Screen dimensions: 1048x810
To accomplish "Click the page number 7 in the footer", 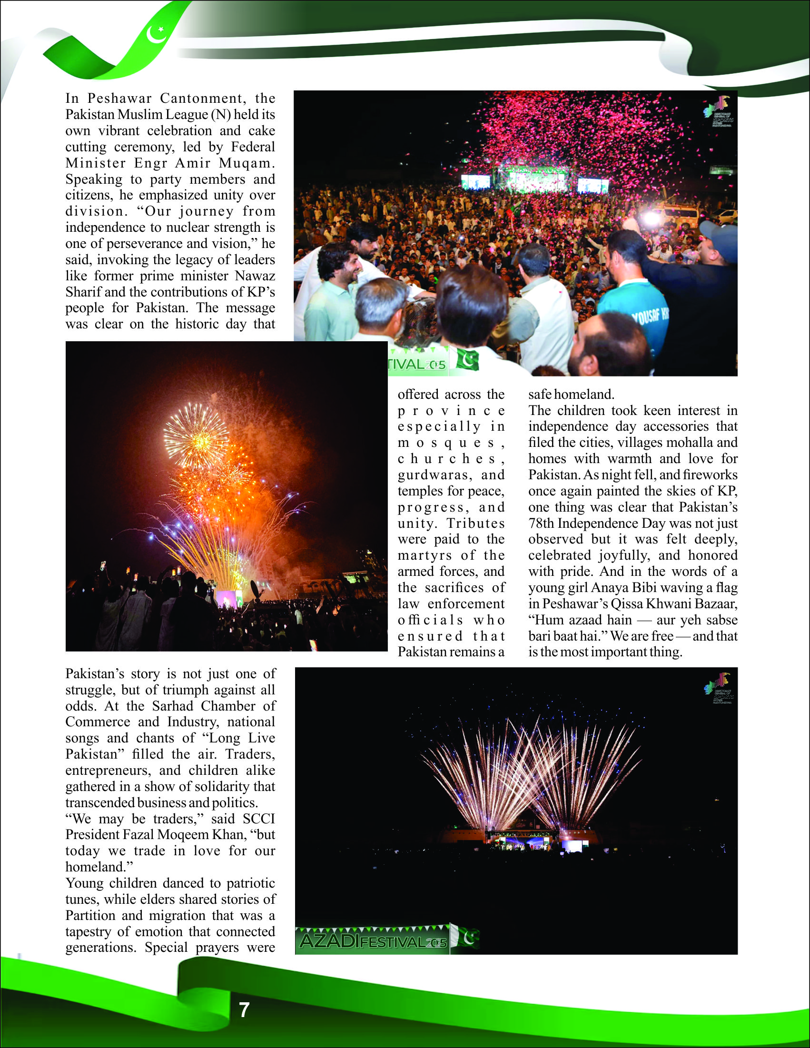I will click(244, 1010).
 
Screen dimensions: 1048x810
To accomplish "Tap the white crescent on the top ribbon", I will click(156, 35).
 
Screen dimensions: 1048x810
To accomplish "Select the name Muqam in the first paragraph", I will click(247, 163).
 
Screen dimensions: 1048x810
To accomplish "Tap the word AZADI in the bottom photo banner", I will click(328, 941).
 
